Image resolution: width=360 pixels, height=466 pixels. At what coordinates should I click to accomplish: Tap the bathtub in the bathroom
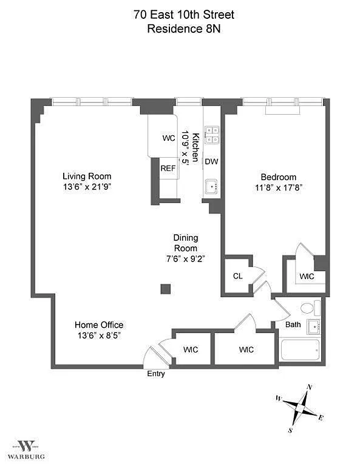[300, 349]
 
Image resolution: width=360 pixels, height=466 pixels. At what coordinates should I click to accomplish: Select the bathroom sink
[313, 327]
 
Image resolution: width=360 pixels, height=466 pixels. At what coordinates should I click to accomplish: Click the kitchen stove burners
[212, 135]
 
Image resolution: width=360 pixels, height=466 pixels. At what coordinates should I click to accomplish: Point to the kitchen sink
[211, 187]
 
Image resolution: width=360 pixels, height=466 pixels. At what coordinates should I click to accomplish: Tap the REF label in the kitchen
[168, 169]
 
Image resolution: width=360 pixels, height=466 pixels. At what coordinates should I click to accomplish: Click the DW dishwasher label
[211, 161]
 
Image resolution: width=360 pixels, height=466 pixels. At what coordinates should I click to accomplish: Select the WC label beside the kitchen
[169, 138]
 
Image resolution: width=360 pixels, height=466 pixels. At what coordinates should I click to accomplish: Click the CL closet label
[237, 276]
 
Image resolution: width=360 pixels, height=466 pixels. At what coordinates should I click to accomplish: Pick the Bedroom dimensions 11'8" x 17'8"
[279, 188]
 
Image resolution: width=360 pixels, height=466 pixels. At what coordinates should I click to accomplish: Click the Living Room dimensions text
[87, 187]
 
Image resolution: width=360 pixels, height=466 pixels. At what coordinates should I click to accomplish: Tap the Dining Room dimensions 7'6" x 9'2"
[185, 258]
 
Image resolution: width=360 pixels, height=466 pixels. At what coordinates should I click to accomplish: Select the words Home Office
[99, 325]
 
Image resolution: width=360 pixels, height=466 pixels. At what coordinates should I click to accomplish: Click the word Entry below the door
[156, 374]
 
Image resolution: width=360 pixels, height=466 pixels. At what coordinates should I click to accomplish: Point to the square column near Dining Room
[166, 289]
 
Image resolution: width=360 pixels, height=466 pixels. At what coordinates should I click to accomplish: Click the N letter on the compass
[309, 387]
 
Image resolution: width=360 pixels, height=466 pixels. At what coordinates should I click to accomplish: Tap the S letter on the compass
[290, 430]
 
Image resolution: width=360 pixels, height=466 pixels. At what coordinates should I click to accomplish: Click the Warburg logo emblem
[27, 446]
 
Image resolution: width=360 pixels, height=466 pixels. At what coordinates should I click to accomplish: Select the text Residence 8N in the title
[184, 29]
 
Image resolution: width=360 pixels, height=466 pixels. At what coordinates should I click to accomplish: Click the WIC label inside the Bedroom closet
[307, 277]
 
